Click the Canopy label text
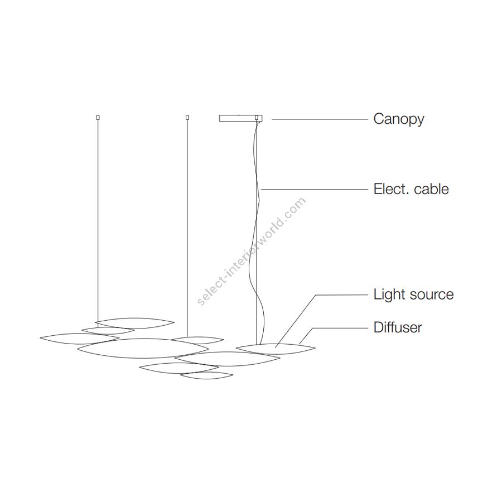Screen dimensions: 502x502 pyautogui.click(x=398, y=119)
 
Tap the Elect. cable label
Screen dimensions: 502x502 pyautogui.click(x=411, y=189)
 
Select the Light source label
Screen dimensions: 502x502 pyautogui.click(x=413, y=295)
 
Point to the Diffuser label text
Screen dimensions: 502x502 pyautogui.click(x=397, y=327)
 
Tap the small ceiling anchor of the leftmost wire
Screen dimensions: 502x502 pyautogui.click(x=98, y=117)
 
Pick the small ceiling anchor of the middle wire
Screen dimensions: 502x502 pyautogui.click(x=187, y=117)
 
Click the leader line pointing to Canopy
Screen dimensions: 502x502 pyautogui.click(x=318, y=119)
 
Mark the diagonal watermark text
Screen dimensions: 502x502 pyautogui.click(x=252, y=250)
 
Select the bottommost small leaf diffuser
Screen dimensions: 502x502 pyautogui.click(x=206, y=376)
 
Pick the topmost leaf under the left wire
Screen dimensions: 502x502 pyautogui.click(x=135, y=323)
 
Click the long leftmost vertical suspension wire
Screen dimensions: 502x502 pyautogui.click(x=98, y=223)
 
